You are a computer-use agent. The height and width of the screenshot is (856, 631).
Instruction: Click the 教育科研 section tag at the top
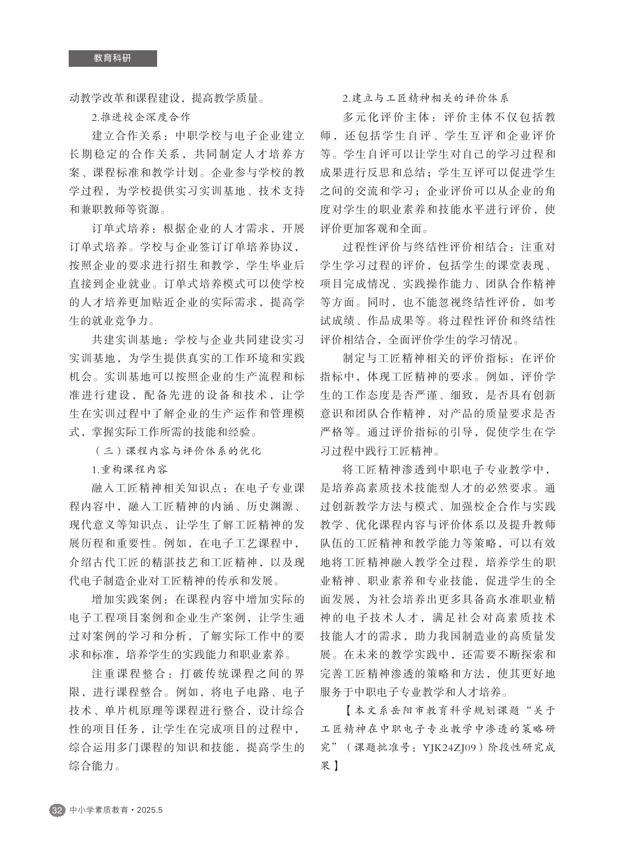pos(113,58)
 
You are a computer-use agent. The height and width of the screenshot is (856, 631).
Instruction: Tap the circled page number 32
pos(57,810)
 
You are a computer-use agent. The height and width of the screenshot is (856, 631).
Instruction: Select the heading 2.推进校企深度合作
pos(141,117)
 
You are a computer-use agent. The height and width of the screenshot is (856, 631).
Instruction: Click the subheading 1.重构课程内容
pos(130,470)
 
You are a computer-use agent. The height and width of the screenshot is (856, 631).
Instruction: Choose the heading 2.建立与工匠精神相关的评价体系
pos(425,99)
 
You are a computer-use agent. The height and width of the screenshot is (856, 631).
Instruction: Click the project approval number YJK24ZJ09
pos(450,748)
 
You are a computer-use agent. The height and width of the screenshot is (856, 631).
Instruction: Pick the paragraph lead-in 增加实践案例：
pos(128,600)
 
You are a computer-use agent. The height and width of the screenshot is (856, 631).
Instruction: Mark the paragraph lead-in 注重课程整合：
pos(128,673)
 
